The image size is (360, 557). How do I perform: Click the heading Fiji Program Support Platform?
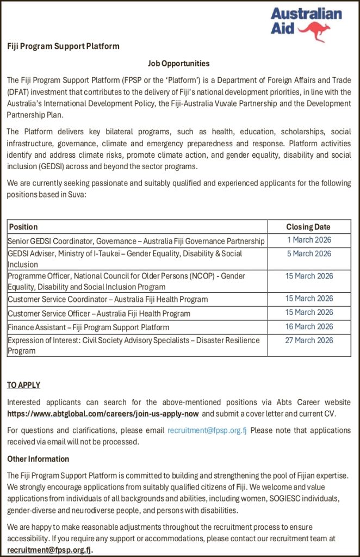63,46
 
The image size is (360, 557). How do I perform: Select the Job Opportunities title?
178,64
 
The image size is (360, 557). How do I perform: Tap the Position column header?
23,227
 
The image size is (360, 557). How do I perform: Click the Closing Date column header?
308,227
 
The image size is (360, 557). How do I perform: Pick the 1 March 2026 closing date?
309,240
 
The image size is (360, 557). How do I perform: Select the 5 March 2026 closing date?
309,253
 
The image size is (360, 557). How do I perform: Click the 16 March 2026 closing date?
309,326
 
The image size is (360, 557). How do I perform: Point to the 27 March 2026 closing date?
309,341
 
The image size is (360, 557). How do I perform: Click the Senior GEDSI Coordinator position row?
136,241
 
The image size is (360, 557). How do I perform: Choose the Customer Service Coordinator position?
108,299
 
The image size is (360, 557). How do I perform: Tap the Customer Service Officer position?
99,313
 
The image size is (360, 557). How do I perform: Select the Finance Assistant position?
88,327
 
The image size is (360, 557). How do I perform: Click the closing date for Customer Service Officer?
309,312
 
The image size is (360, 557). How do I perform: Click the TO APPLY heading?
23,385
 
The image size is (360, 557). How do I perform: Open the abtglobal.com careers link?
103,413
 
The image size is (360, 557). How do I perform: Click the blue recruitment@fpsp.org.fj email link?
207,430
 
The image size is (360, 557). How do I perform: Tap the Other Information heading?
38,459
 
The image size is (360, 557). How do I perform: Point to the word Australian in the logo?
306,14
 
